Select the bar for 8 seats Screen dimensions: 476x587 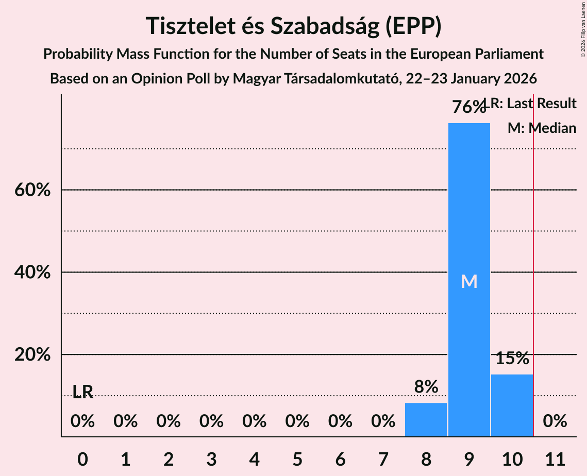click(426, 419)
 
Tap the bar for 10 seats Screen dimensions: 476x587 click(512, 405)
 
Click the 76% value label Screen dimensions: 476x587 click(468, 107)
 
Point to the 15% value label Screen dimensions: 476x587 click(512, 359)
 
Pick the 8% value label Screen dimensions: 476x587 click(426, 386)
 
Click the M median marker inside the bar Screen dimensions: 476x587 click(469, 281)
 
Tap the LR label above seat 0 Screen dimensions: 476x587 click(82, 393)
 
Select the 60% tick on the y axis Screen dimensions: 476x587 click(32, 190)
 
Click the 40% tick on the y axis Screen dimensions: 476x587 click(32, 273)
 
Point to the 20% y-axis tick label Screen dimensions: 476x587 click(32, 355)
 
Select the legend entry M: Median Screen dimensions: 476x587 click(541, 128)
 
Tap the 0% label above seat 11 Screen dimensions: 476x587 click(555, 421)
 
